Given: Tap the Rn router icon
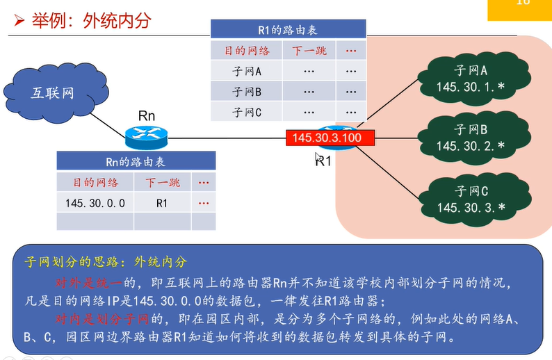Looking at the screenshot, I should coord(147,136).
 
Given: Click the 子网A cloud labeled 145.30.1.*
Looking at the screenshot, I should coord(470,79).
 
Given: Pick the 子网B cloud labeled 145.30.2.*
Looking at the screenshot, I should coord(470,138).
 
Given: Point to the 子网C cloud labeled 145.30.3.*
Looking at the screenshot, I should coord(470,199).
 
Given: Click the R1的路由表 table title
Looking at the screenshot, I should coord(288,30).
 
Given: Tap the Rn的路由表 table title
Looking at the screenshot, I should coord(136,161).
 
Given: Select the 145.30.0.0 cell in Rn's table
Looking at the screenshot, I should coord(95,203).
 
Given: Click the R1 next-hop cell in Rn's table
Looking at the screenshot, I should coord(162,203).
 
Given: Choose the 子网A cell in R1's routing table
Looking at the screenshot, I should coord(247,71).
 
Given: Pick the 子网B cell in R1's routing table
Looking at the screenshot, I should coord(247,91).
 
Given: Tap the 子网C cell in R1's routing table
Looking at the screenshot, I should coord(247,111).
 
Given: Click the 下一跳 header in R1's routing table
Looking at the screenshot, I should coord(309,51).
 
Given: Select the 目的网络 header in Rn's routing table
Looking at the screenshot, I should coord(95,182).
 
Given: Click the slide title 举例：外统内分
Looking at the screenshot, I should coord(91,21).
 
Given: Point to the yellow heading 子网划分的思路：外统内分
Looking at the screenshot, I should coord(106,262).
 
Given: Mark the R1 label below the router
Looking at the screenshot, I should coord(323,161).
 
